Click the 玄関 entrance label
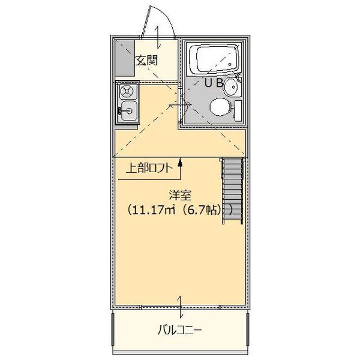click(147, 61)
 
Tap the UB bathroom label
click(214, 83)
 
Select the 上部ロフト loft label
click(149, 168)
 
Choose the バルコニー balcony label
click(180, 331)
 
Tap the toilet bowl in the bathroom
click(220, 107)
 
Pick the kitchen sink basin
click(129, 111)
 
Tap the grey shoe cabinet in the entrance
click(125, 58)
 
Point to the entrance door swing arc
click(169, 18)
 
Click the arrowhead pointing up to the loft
click(180, 163)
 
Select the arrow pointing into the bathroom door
click(180, 105)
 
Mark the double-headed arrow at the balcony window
click(180, 307)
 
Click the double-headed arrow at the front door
click(158, 37)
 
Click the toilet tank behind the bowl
click(238, 110)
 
